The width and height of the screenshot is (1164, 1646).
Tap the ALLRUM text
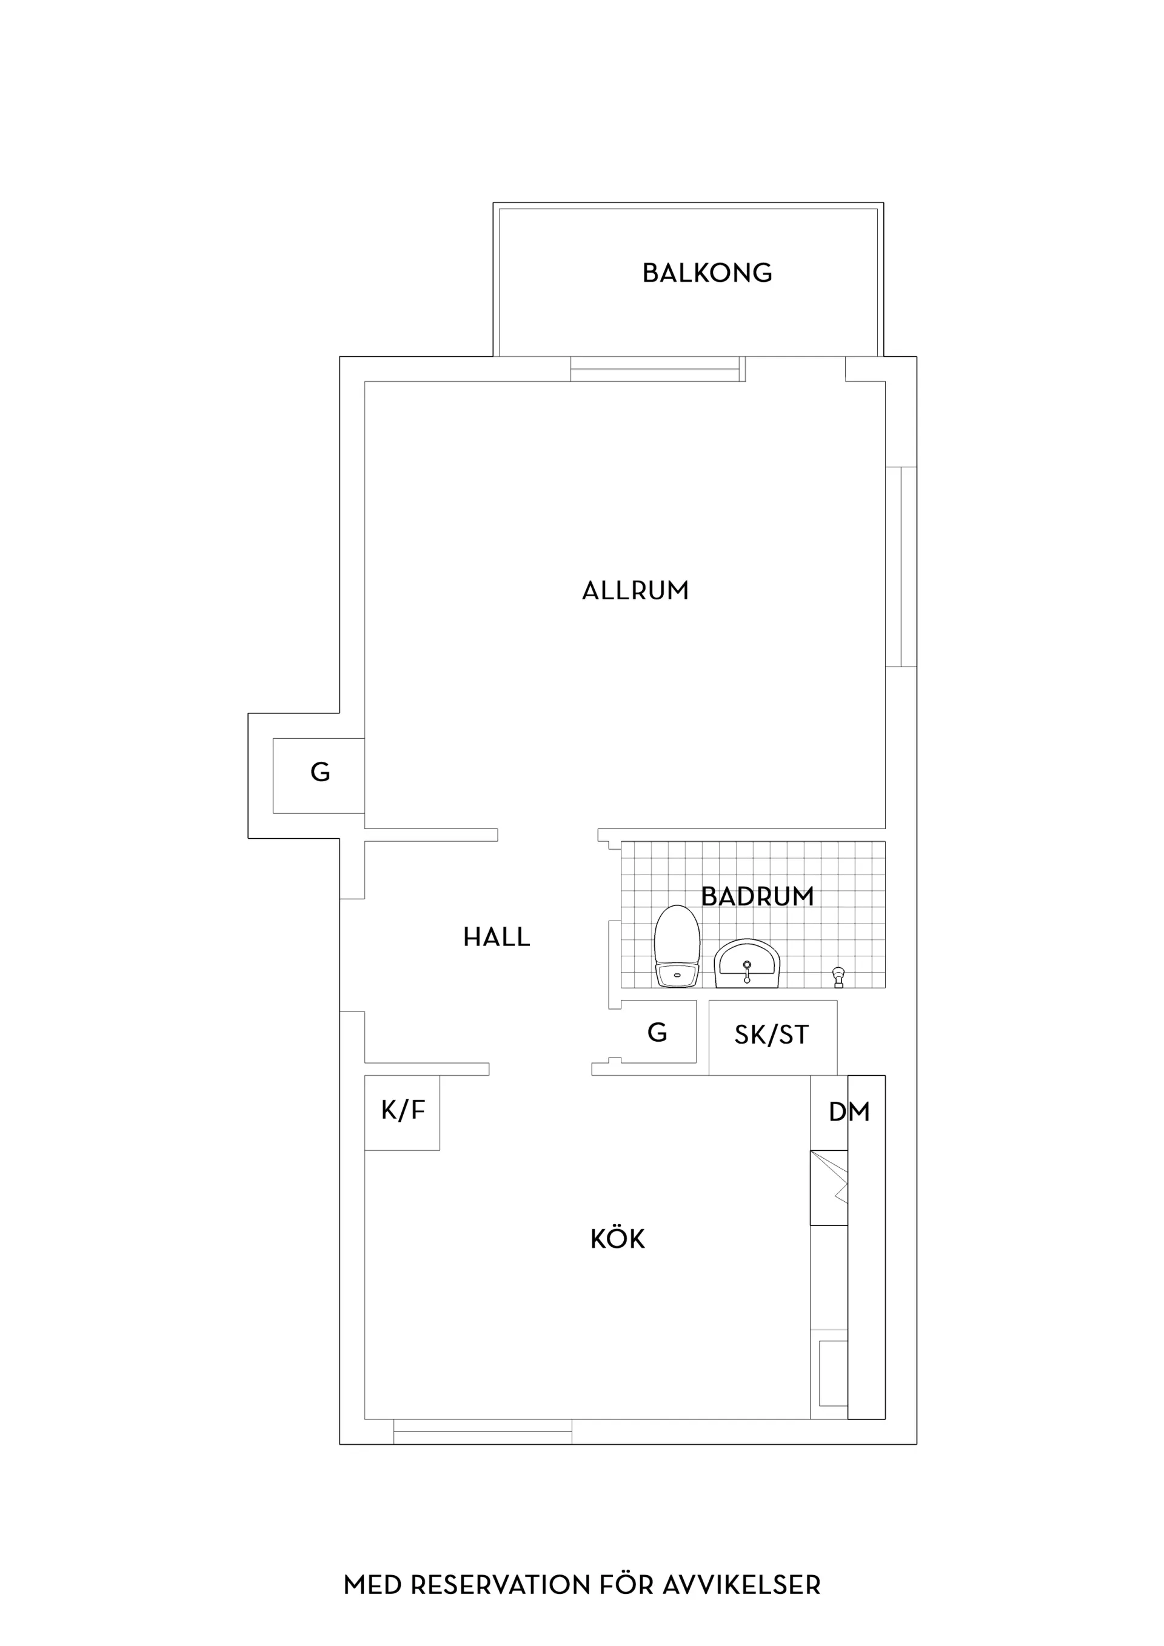(635, 591)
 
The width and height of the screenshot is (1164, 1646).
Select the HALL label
(497, 937)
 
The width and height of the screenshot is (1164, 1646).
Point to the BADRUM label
(757, 897)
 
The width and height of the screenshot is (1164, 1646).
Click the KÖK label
(618, 1239)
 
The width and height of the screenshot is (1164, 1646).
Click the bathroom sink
(746, 964)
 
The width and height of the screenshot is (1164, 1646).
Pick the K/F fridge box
(403, 1113)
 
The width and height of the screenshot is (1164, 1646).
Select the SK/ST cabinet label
(772, 1035)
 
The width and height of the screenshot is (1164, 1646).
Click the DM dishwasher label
(849, 1112)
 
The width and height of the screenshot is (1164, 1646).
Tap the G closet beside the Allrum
(319, 776)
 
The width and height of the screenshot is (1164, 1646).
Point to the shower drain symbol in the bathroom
(838, 977)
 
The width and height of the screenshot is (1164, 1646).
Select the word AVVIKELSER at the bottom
(741, 1565)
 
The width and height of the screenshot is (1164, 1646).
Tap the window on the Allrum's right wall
(901, 567)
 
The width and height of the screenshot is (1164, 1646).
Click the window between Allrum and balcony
(658, 368)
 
